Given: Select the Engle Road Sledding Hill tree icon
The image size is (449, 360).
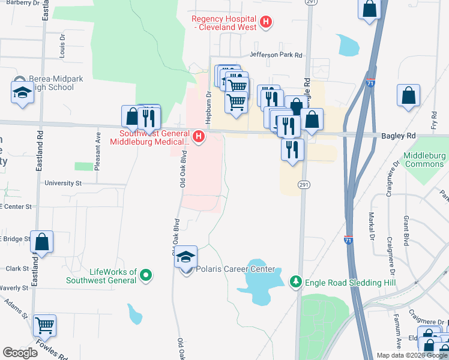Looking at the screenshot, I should pos(295,281).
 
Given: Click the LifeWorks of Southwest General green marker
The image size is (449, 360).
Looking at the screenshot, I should pos(145,276).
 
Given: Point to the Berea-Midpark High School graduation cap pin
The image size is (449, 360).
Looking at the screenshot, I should pos(23,92).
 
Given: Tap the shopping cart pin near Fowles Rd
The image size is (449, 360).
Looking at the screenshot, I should pos(45,325).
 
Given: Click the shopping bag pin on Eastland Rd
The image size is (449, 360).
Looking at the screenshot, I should pos(42,242).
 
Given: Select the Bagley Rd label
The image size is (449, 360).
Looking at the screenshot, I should pos(399,136).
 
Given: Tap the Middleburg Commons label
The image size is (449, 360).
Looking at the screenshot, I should pos(424,160).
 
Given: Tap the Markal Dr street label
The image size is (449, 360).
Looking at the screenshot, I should pos(372,224).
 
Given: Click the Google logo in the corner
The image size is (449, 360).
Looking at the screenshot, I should pos(20,353).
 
